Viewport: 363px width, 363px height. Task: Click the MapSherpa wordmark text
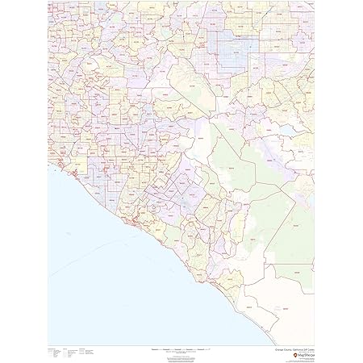click(x=304, y=344)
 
